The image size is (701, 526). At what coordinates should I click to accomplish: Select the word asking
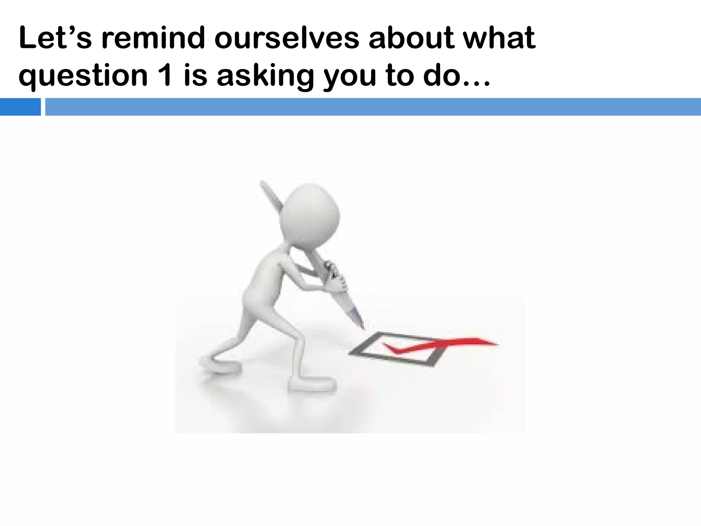(x=265, y=76)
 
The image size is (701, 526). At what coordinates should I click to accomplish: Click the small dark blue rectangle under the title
(x=20, y=107)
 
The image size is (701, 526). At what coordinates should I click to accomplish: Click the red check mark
(x=442, y=345)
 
